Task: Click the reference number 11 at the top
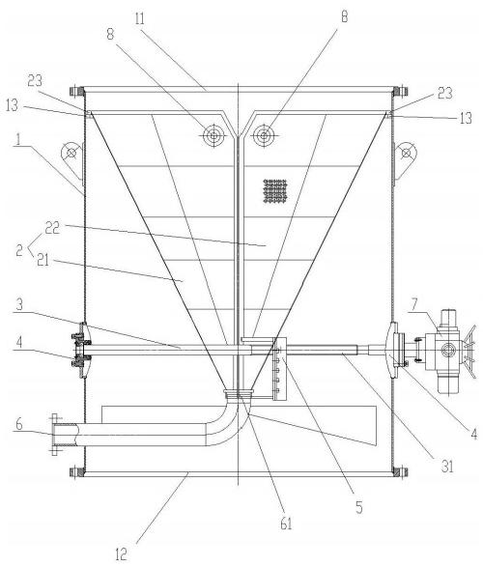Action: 139,18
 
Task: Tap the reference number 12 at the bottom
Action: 121,554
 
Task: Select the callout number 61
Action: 286,524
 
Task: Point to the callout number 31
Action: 447,467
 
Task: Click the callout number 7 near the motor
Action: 413,306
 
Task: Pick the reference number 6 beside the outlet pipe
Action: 19,424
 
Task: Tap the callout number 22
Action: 52,228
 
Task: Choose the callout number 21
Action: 43,261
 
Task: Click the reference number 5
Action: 358,507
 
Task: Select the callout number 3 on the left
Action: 19,304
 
